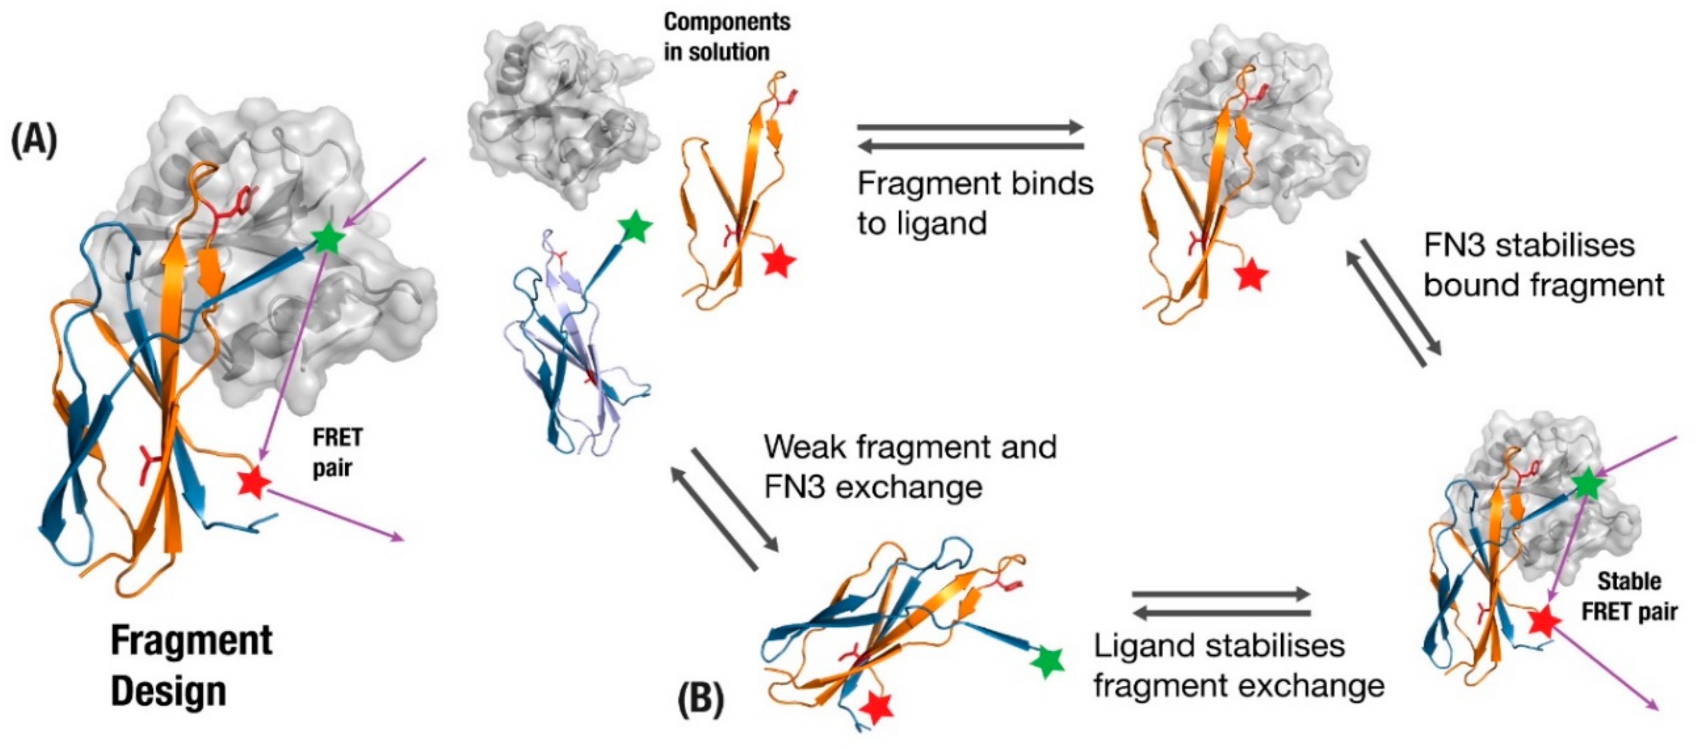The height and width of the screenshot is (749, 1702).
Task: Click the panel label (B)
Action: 701,698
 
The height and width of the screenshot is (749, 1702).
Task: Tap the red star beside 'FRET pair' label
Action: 254,483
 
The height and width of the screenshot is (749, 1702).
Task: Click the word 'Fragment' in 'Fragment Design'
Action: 192,640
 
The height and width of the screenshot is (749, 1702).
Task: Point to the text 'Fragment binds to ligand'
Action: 975,203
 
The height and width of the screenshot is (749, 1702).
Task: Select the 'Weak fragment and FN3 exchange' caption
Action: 910,467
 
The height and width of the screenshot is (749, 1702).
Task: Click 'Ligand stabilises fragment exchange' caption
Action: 1239,665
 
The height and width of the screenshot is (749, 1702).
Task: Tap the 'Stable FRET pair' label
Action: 1628,597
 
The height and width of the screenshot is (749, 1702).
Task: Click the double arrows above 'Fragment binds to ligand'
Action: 970,137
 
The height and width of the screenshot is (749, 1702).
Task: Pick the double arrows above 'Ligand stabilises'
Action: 1221,603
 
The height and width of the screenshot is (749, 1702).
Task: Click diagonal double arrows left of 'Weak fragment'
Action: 725,508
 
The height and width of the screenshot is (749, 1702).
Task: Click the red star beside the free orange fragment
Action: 779,261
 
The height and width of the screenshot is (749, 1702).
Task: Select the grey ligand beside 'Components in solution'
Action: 562,112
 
